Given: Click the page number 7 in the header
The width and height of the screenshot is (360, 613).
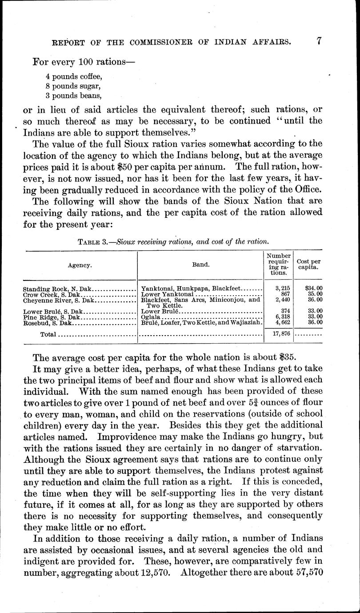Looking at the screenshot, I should [x=319, y=41].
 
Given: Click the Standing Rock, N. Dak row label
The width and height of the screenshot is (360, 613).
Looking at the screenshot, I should [x=56, y=289].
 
